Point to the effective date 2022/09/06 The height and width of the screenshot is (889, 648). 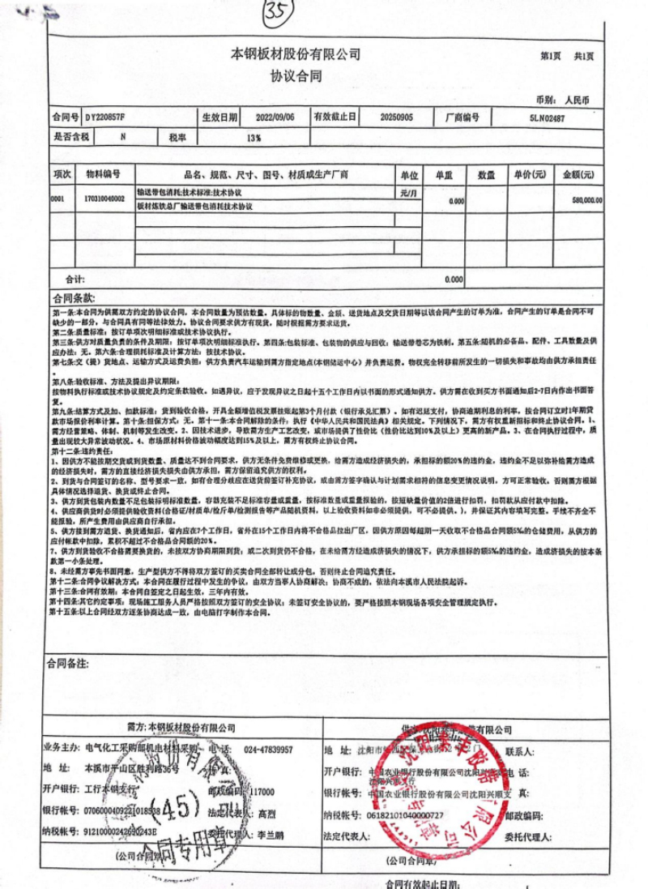[265, 118]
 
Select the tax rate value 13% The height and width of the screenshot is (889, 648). [254, 138]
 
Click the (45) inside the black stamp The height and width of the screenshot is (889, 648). [184, 806]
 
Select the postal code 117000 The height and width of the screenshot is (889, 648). [261, 792]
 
